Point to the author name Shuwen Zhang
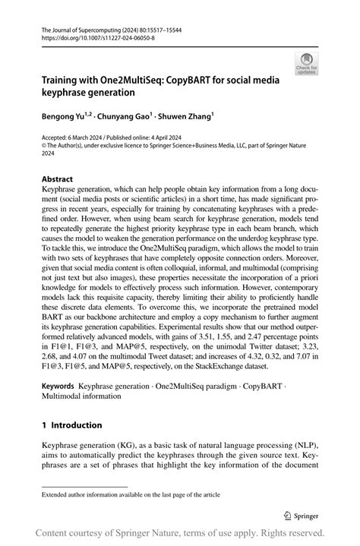click(185, 118)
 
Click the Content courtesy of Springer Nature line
click(179, 532)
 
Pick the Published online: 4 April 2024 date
click(152, 137)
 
